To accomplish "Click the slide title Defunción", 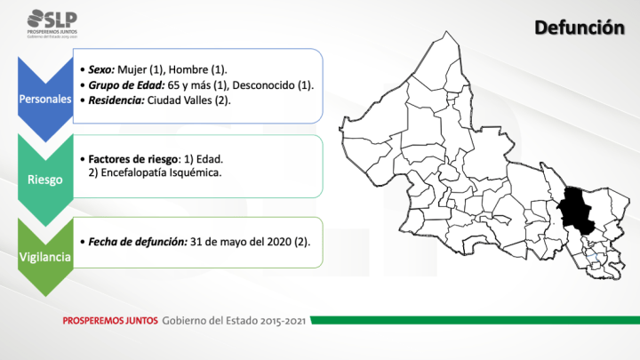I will pos(578,29).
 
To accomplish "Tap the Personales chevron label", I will pos(45,99).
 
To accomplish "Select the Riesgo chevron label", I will pos(45,179).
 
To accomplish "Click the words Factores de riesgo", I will pos(127,157).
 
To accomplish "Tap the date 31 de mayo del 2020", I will pos(241,241).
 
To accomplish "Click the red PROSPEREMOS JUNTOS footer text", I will pos(109,319).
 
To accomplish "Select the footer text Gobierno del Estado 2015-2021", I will pos(235,319).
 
